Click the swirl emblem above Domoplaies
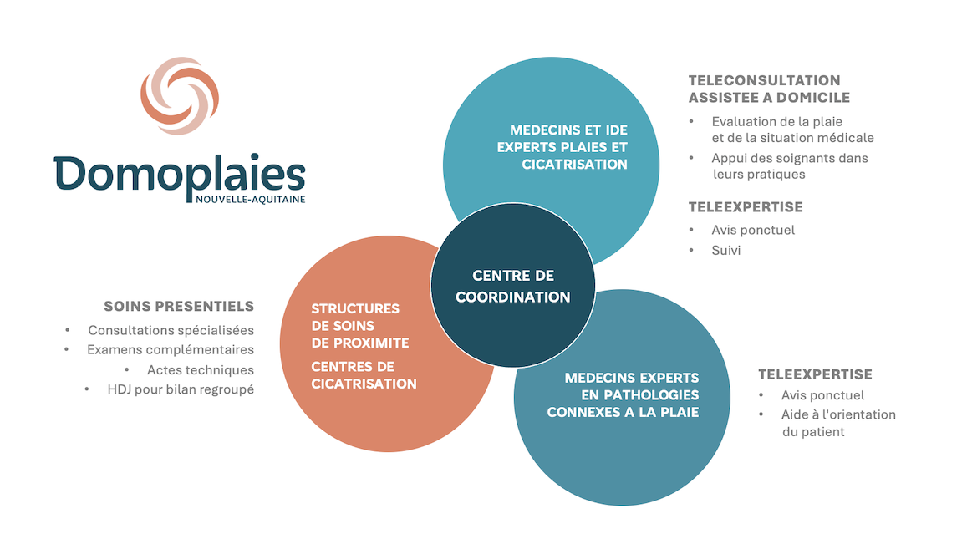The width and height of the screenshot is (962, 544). [x=180, y=95]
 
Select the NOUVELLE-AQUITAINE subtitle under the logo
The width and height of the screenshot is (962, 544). [x=250, y=200]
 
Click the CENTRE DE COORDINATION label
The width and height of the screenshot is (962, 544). [x=513, y=287]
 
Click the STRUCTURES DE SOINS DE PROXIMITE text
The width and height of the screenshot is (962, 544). [x=360, y=326]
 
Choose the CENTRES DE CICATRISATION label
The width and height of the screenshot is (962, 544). [x=364, y=374]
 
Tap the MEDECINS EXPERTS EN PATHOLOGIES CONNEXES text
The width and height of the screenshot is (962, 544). [x=624, y=395]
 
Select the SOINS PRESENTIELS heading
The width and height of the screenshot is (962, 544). [x=179, y=306]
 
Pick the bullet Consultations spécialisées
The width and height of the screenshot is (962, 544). [x=171, y=330]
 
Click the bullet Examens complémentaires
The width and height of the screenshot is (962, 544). [x=171, y=349]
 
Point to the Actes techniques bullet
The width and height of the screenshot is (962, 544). [x=201, y=370]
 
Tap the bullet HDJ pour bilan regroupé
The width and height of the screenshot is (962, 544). [x=181, y=389]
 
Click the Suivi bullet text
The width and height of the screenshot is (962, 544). [x=725, y=250]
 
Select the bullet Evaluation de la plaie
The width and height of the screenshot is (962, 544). [x=776, y=121]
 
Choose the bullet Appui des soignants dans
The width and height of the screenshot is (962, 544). [x=790, y=158]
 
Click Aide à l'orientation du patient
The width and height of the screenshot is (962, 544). [x=838, y=423]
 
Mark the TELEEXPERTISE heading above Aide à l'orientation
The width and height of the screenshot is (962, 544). [x=816, y=374]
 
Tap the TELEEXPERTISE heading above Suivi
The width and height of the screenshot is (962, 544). [x=746, y=207]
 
